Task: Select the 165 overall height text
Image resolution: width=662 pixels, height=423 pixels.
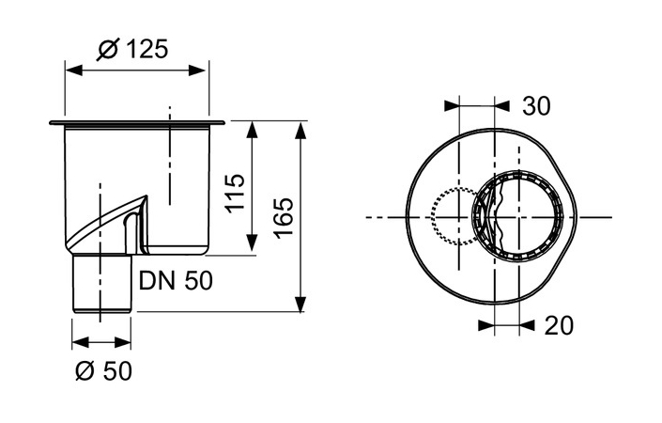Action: point(283,215)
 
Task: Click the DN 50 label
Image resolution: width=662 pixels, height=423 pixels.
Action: point(176,280)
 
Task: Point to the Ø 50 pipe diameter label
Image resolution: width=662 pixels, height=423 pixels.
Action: point(103,370)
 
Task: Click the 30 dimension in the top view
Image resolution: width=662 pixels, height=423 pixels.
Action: point(536,106)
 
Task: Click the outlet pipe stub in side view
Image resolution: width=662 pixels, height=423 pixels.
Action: point(101,283)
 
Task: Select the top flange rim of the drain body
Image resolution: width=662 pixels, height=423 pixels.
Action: point(135,122)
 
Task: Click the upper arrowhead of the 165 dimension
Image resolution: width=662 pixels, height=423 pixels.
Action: point(300,127)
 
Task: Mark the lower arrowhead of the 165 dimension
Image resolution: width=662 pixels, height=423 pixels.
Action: point(300,305)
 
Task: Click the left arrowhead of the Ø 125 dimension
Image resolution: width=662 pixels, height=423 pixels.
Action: point(70,70)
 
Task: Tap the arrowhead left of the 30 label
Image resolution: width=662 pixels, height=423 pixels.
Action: point(453,106)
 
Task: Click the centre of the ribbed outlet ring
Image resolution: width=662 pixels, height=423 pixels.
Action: point(519,217)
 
